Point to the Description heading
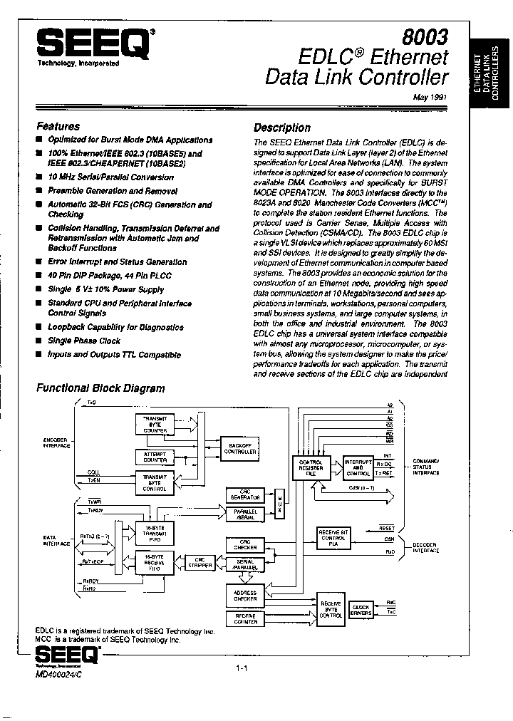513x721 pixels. coord(282,128)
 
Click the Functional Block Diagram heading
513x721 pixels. coord(100,388)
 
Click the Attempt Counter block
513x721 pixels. coord(155,457)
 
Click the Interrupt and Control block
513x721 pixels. coord(358,467)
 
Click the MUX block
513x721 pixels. coord(280,506)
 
